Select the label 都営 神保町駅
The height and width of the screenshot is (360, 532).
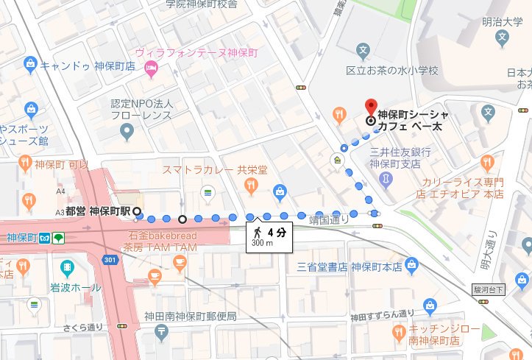pyautogui.click(x=98, y=211)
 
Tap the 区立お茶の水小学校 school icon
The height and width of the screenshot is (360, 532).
pyautogui.click(x=362, y=52)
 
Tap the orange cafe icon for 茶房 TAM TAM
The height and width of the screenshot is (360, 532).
pyautogui.click(x=155, y=275)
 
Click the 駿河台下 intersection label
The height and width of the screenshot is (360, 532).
pyautogui.click(x=490, y=291)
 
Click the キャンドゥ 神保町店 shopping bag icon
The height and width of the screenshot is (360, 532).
pyautogui.click(x=31, y=64)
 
